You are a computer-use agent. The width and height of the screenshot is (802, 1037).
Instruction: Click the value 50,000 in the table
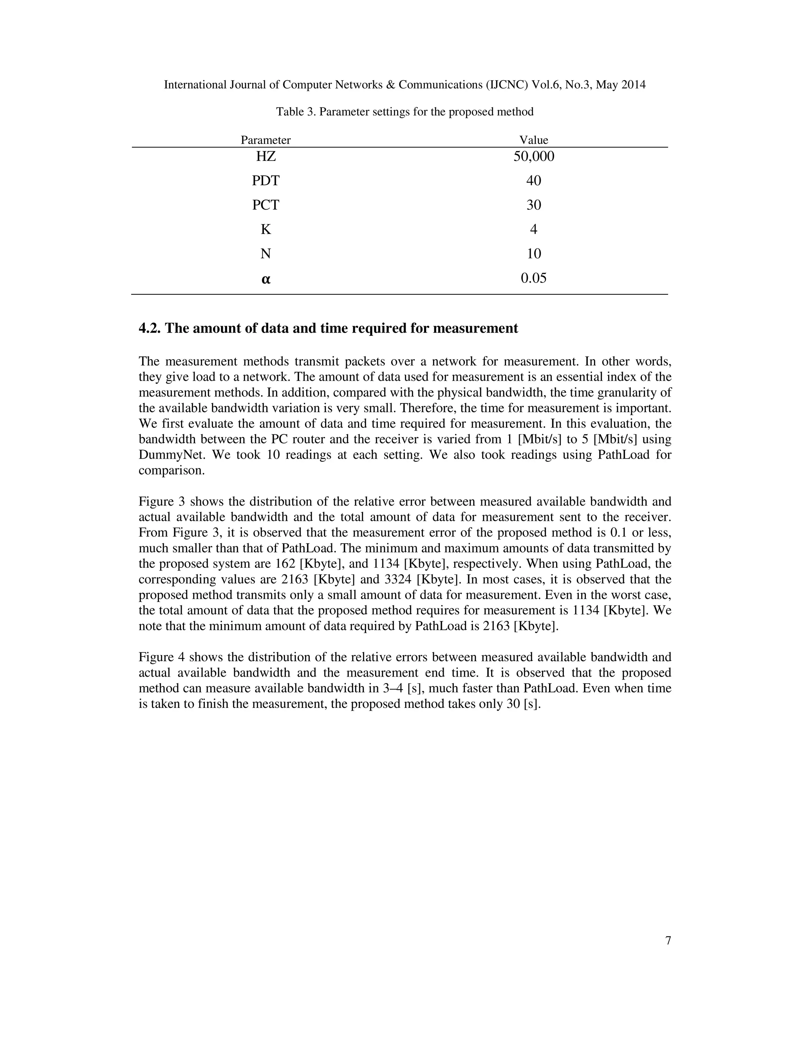(534, 156)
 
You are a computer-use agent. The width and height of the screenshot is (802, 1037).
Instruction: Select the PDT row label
(266, 180)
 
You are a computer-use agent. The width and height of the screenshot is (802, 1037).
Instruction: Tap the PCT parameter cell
(266, 205)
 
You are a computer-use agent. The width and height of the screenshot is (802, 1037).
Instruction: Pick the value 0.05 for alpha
(534, 278)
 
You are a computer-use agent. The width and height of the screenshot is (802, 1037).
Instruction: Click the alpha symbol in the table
(266, 279)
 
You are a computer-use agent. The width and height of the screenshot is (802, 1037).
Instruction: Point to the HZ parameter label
(266, 156)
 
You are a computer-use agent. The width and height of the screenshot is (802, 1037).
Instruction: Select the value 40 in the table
(534, 180)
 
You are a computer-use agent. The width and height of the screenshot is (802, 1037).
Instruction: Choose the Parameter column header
(266, 140)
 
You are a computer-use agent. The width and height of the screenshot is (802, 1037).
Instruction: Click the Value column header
(534, 140)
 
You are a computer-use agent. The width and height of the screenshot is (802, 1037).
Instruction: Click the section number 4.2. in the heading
(150, 328)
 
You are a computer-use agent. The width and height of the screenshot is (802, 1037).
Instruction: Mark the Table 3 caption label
(296, 112)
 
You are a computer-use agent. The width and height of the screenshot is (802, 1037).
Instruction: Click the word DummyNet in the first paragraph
(172, 454)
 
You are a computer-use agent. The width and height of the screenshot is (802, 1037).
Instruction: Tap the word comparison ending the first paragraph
(171, 470)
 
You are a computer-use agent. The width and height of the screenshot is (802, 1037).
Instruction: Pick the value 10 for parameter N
(534, 254)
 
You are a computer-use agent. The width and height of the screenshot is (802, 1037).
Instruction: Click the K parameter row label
(266, 229)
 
